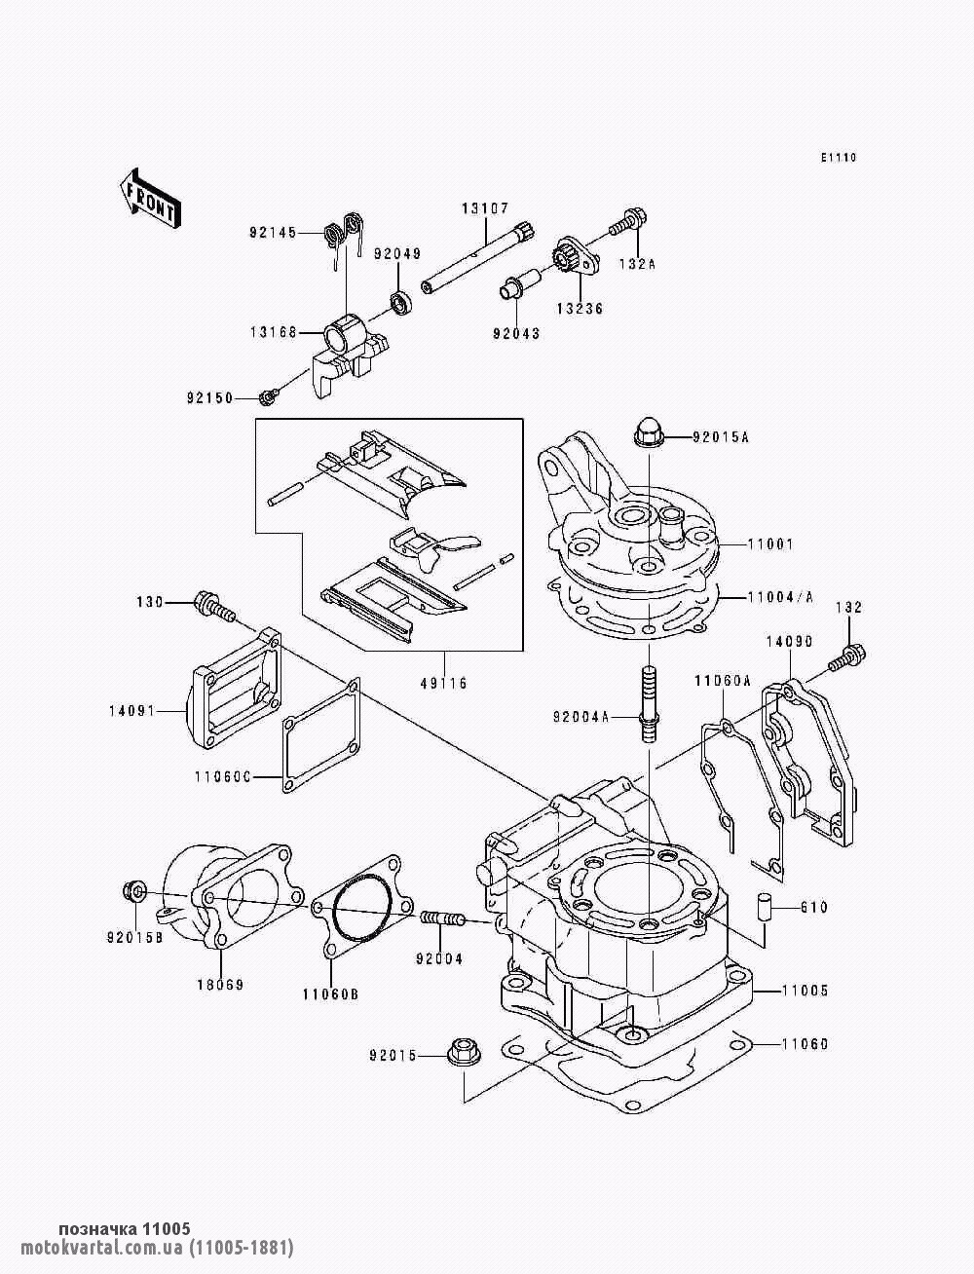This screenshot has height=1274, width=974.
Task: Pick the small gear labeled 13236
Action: pyautogui.click(x=570, y=258)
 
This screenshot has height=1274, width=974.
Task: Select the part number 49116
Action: pyautogui.click(x=444, y=683)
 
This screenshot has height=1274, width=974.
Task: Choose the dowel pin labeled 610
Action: pyautogui.click(x=766, y=906)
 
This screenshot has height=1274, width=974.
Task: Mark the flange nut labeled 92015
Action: pyautogui.click(x=460, y=1055)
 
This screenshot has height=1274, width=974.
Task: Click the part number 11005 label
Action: pyautogui.click(x=804, y=991)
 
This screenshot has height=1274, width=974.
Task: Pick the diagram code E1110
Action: pyautogui.click(x=837, y=157)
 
